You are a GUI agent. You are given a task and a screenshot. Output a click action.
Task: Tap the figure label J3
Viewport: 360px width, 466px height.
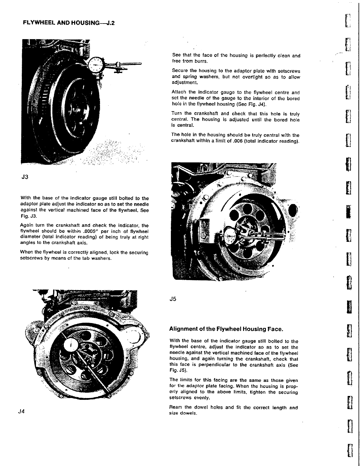tap(24, 177)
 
